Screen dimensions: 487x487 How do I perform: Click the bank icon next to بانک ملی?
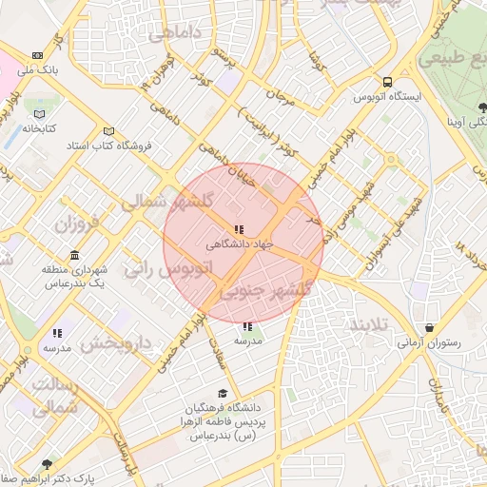click(37, 56)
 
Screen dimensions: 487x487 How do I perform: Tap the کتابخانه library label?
click(39, 127)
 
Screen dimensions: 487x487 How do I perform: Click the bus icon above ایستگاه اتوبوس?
click(387, 82)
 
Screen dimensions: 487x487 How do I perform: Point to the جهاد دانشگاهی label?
click(240, 243)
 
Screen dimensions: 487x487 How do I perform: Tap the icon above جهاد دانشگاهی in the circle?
click(238, 229)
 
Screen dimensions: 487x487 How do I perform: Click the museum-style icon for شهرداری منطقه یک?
click(74, 255)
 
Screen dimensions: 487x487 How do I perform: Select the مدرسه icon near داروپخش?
click(57, 333)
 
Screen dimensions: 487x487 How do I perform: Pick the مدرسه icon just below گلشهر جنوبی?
click(248, 326)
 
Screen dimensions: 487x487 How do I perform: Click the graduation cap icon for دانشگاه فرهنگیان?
click(223, 394)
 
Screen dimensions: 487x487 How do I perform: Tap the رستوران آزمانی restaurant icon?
click(431, 327)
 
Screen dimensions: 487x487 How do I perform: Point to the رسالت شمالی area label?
click(49, 398)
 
